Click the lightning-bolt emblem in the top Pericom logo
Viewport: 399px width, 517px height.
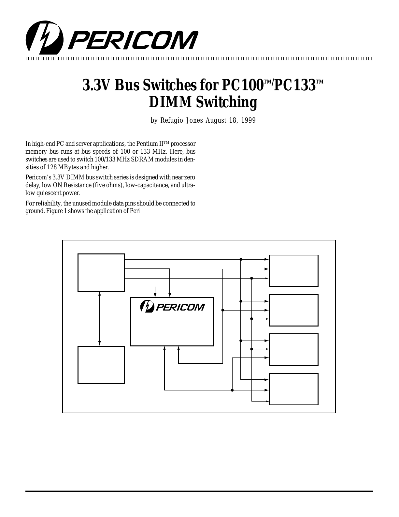pos(45,38)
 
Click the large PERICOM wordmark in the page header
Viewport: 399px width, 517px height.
pos(133,40)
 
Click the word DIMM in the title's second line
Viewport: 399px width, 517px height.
pos(170,102)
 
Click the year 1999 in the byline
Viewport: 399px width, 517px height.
pos(248,120)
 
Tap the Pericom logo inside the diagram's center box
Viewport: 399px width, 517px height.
pos(172,307)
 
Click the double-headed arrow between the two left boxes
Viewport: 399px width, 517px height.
pos(100,319)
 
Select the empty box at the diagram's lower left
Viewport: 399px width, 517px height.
pos(101,365)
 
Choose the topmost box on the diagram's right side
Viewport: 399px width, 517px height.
pos(293,271)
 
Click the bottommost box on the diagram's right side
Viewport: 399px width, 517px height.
pos(293,389)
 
